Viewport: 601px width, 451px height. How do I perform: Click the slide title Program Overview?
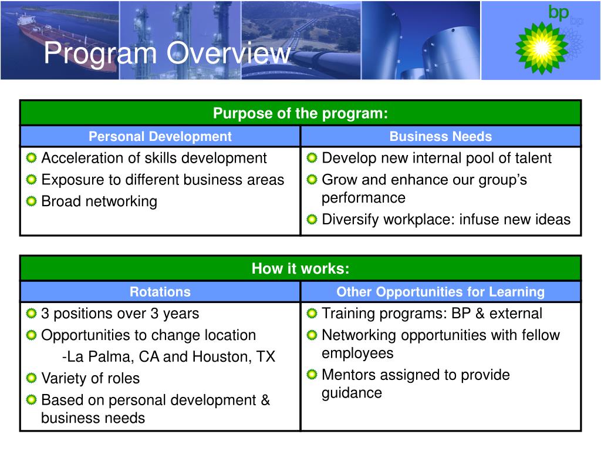[167, 53]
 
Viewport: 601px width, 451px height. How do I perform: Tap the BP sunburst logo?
[542, 48]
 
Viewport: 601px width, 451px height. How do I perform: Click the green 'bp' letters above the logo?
[558, 13]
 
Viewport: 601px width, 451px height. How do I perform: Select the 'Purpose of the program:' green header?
[300, 113]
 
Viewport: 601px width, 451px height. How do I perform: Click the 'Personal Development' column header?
[160, 136]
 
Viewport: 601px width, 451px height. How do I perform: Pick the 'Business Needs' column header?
[441, 136]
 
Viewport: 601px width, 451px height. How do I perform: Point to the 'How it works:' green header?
[300, 268]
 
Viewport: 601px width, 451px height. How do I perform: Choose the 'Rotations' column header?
[160, 292]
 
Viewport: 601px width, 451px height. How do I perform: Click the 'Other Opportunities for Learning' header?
[441, 292]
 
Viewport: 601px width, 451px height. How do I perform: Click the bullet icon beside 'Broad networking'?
[31, 201]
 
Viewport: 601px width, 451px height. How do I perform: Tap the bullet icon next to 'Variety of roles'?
[31, 378]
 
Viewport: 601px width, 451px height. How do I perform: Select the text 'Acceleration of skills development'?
[154, 158]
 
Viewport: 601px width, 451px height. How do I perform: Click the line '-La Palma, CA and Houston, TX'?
[168, 356]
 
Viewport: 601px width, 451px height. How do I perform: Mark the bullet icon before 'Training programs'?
[312, 314]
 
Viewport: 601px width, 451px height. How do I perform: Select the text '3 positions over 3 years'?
[120, 314]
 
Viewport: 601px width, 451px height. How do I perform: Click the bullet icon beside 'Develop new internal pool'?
[312, 157]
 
